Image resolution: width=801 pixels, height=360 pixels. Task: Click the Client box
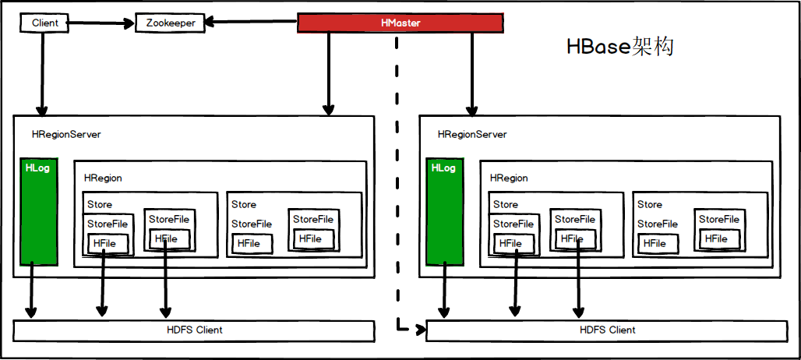[x=44, y=23]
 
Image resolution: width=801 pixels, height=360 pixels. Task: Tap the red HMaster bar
[x=400, y=23]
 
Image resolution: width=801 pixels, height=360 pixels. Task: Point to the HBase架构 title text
[x=619, y=48]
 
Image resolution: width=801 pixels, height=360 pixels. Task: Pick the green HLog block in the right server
[x=443, y=210]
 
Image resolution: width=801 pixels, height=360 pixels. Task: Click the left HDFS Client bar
[x=194, y=330]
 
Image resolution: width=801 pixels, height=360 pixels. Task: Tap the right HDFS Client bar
[x=607, y=330]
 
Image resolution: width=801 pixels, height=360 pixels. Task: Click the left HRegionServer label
[x=66, y=135]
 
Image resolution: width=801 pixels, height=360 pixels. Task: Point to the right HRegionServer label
[x=472, y=135]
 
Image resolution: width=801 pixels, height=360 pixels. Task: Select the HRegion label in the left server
[x=103, y=178]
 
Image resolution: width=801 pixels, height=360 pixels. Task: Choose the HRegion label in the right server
[x=509, y=178]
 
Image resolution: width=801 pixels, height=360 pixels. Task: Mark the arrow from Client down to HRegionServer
[x=41, y=74]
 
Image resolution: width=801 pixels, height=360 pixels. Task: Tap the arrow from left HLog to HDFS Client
[x=31, y=292]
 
